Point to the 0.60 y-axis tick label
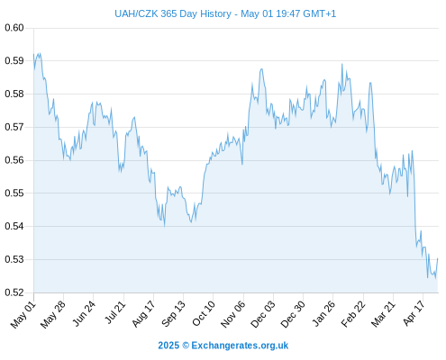pyautogui.click(x=14, y=28)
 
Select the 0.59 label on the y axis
pyautogui.click(x=14, y=61)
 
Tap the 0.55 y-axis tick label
pyautogui.click(x=14, y=193)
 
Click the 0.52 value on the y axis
pyautogui.click(x=14, y=292)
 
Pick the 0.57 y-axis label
pyautogui.click(x=14, y=127)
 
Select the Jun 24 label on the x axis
pyautogui.click(x=84, y=313)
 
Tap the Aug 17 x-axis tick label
pyautogui.click(x=143, y=313)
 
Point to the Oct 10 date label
pyautogui.click(x=204, y=313)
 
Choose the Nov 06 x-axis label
pyautogui.click(x=232, y=314)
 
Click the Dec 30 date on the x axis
pyautogui.click(x=293, y=314)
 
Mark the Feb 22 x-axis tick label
pyautogui.click(x=353, y=314)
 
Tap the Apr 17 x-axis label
pyautogui.click(x=414, y=313)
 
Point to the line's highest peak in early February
pyautogui.click(x=341, y=64)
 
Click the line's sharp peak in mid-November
pyautogui.click(x=261, y=69)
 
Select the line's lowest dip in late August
pyautogui.click(x=165, y=226)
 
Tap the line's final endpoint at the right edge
pyautogui.click(x=438, y=258)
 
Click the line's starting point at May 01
pyautogui.click(x=33, y=54)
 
